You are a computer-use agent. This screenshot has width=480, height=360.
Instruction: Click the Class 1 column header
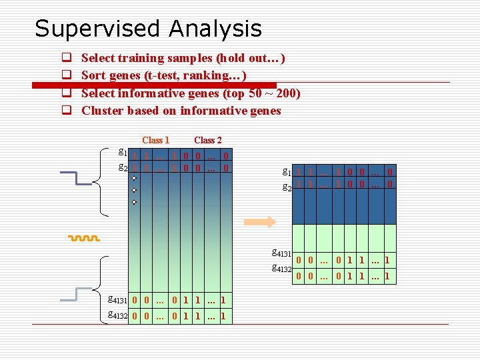pos(155,140)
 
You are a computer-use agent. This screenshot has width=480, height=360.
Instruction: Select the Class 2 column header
pos(207,140)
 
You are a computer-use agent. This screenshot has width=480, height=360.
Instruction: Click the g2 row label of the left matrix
pos(123,167)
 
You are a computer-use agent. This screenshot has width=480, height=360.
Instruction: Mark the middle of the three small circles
pos(134,190)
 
